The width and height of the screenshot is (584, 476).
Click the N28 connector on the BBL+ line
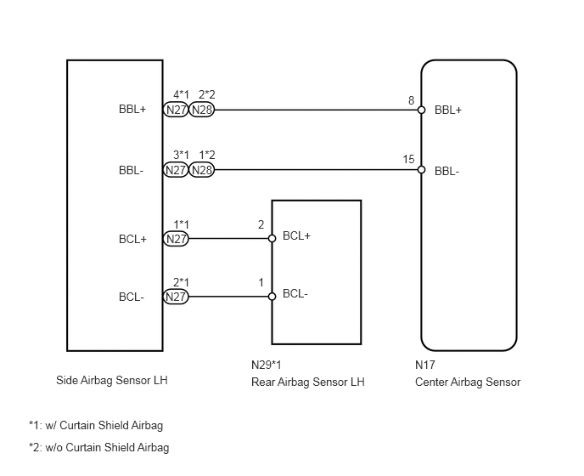click(202, 110)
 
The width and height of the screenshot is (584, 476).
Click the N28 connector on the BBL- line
click(202, 170)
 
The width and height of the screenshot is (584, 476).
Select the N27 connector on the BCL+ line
click(177, 239)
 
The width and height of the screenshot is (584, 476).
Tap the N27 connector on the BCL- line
click(177, 297)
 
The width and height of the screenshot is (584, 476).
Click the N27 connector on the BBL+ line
click(177, 110)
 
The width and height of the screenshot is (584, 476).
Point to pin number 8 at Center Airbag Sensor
click(411, 100)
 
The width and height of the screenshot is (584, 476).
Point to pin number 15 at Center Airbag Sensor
click(408, 160)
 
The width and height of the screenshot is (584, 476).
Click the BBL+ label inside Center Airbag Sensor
click(447, 110)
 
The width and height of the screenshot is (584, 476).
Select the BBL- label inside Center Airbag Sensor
click(446, 170)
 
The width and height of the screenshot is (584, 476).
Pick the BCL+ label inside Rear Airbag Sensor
click(296, 235)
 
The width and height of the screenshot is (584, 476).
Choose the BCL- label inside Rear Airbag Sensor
click(295, 294)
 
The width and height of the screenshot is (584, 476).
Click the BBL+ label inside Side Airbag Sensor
click(132, 110)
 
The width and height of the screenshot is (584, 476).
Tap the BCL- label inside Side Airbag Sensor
click(132, 297)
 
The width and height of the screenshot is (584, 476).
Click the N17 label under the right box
click(425, 365)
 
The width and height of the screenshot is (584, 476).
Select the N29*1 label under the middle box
click(267, 365)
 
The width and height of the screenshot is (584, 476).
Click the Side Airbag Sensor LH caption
click(111, 381)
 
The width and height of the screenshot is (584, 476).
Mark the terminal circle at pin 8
click(421, 110)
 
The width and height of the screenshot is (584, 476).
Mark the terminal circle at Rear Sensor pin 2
click(272, 239)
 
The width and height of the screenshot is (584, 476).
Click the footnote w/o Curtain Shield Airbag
click(98, 448)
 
